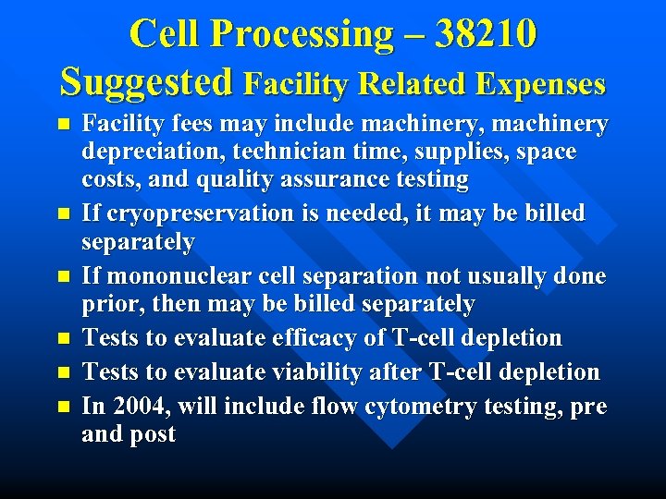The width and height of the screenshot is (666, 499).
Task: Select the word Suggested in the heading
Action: point(146,82)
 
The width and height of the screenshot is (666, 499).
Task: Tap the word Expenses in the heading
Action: point(540,84)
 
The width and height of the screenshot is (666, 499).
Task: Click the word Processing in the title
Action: point(302,35)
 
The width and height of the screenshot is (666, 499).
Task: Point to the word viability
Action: point(318,372)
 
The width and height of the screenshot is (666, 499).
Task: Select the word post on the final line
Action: point(154,434)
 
